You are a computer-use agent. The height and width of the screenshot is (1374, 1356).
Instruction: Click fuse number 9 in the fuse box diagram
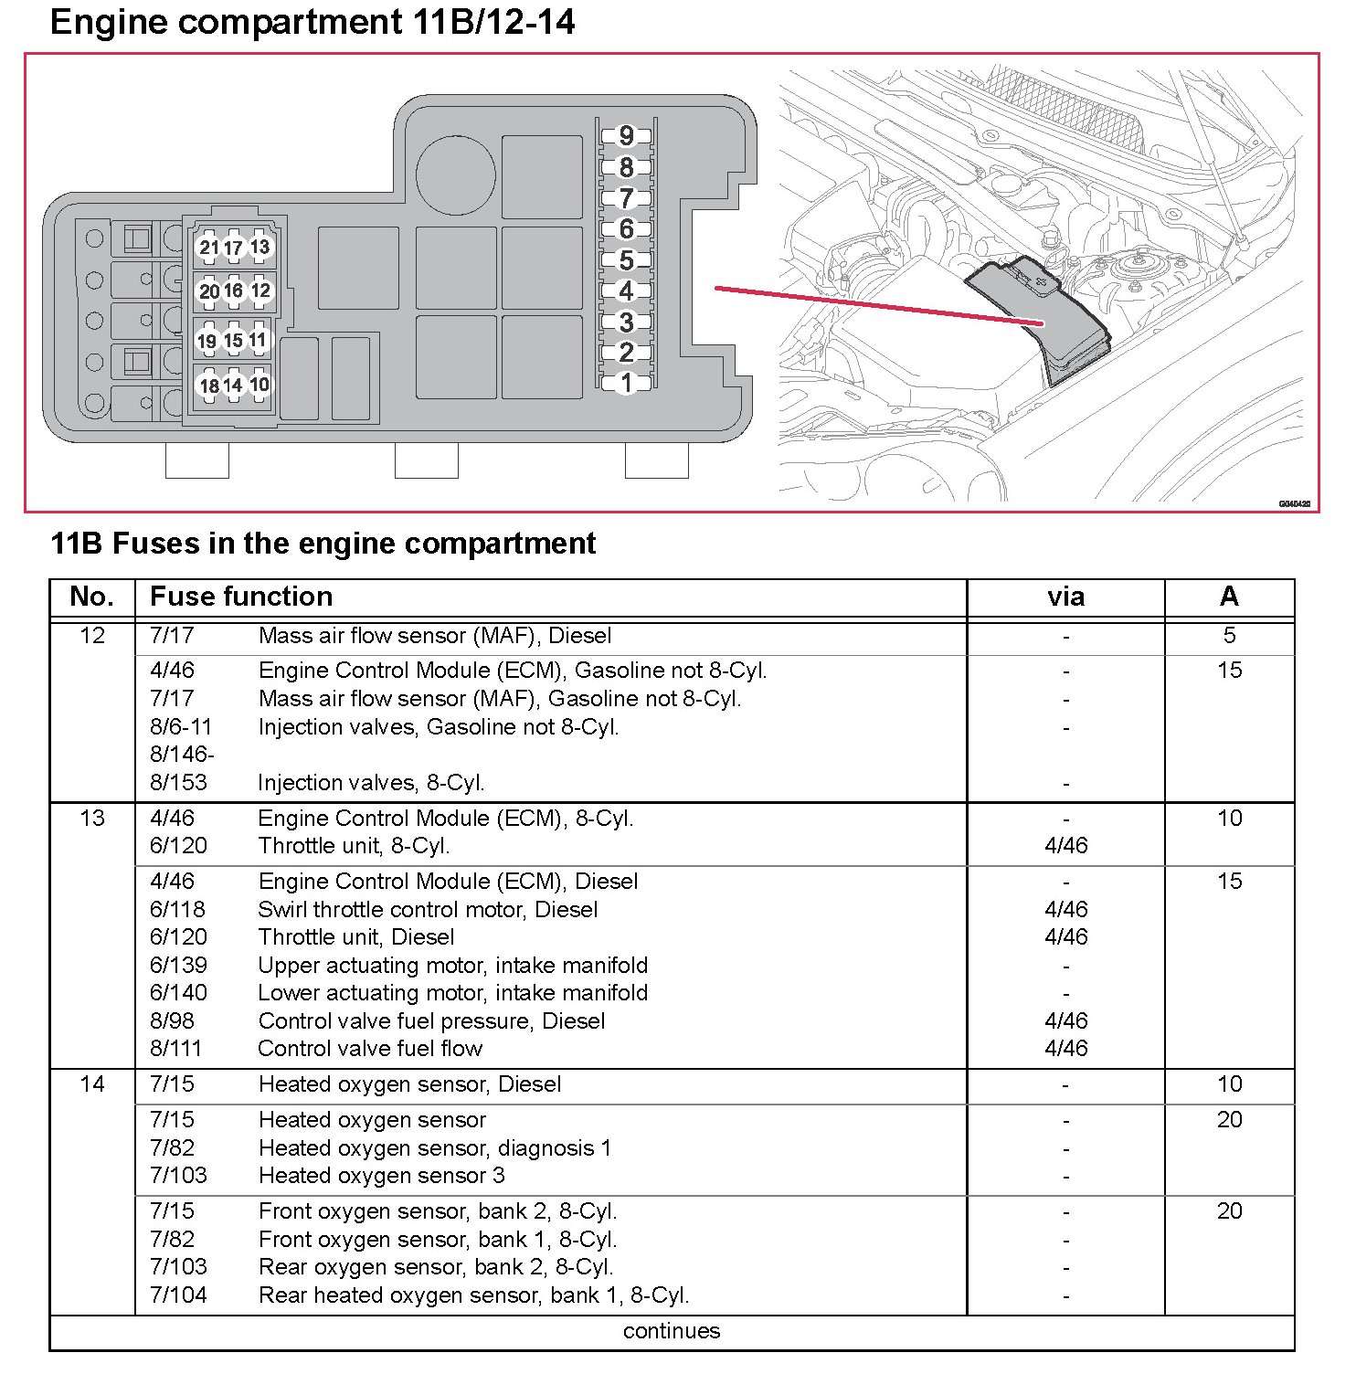coord(626,136)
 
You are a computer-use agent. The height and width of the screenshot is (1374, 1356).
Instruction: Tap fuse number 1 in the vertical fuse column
coord(626,383)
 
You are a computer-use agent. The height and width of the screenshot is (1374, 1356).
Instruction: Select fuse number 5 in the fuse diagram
coord(626,260)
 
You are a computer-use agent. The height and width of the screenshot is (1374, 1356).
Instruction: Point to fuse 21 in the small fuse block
coord(209,248)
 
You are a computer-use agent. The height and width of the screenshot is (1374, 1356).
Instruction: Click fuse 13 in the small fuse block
coord(260,247)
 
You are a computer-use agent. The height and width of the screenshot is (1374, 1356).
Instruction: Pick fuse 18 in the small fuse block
coord(209,386)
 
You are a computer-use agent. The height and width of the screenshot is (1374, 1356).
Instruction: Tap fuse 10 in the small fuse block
coord(260,385)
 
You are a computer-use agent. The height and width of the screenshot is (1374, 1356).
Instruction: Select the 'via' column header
coord(1065,597)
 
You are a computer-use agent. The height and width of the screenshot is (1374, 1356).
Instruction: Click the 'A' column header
coord(1229,597)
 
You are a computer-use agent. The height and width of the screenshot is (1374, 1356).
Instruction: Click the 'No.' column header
coord(92,597)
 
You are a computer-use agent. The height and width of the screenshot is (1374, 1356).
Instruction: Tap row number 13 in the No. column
coord(92,819)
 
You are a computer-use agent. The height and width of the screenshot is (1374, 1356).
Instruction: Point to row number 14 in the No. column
coord(92,1084)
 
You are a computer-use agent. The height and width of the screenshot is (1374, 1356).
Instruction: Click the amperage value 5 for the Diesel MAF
coord(1229,636)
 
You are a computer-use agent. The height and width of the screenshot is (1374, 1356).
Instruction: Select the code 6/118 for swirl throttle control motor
coord(178,910)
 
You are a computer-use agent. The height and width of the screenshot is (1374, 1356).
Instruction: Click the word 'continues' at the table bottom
coord(672,1331)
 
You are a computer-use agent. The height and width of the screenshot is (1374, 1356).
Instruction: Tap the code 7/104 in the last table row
coord(178,1295)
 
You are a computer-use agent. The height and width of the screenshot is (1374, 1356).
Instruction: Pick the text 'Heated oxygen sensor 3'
coord(381,1176)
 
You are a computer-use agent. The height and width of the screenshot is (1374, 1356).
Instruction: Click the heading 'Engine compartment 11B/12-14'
coord(313,22)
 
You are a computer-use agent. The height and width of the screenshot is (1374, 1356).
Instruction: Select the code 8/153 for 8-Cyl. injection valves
coord(178,783)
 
